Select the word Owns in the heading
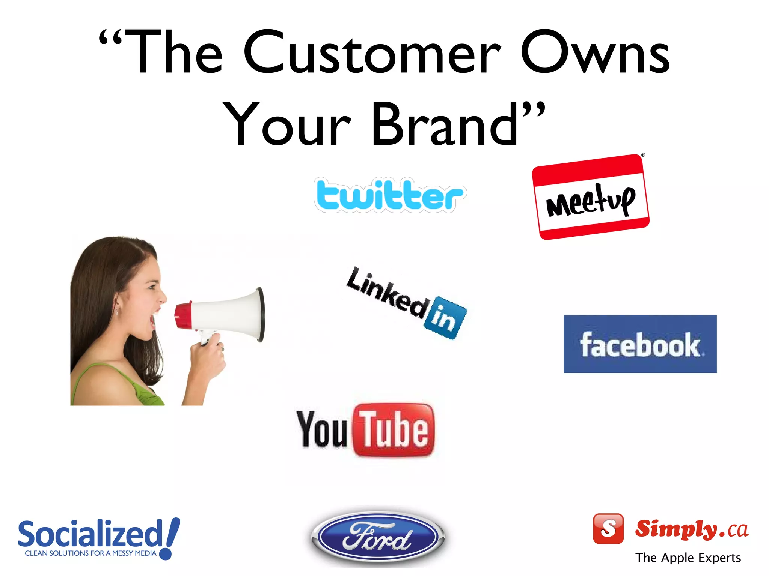[x=595, y=52]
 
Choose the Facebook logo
[x=640, y=344]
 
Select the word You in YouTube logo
[x=322, y=429]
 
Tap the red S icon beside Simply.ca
[x=608, y=528]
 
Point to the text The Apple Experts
[x=688, y=558]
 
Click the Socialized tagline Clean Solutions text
[x=90, y=553]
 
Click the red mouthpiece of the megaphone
[x=183, y=315]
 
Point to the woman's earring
[x=117, y=310]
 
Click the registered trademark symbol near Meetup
[x=643, y=155]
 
